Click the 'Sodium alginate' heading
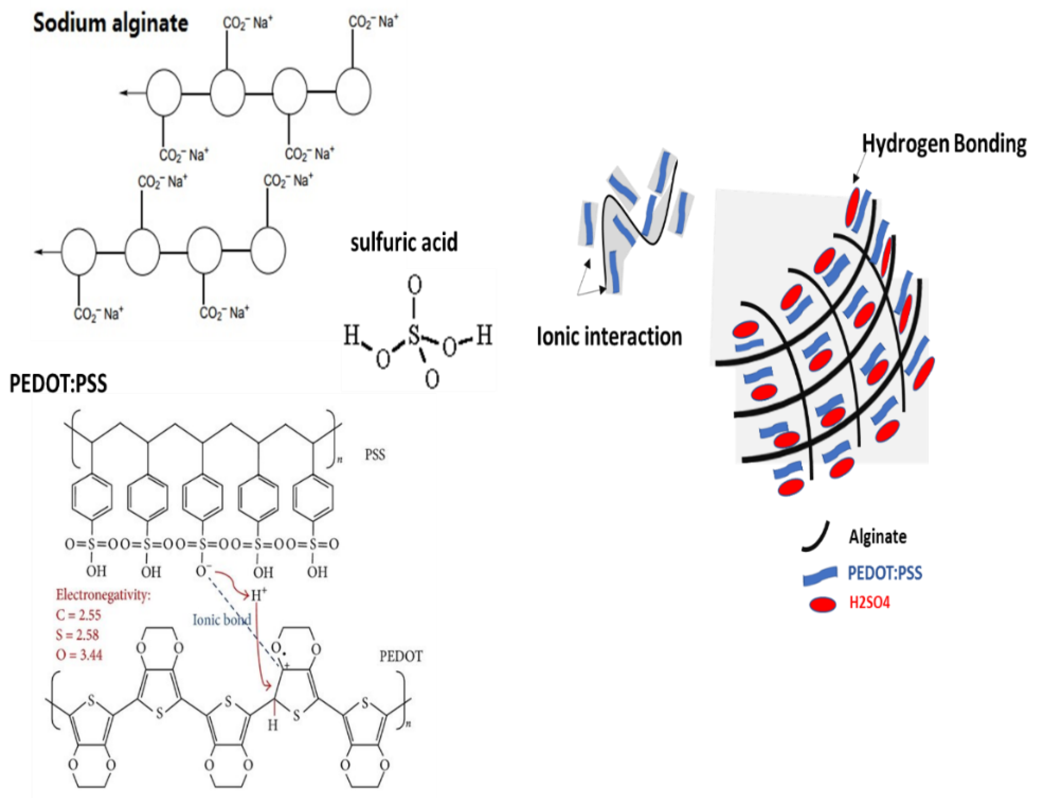click(110, 23)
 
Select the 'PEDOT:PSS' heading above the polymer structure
click(58, 383)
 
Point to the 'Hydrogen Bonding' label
click(944, 143)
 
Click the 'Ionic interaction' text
click(609, 336)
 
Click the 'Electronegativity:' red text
click(103, 595)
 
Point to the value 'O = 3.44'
click(79, 655)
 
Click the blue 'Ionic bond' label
click(221, 619)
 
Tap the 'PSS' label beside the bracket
click(375, 455)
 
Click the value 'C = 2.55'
click(78, 615)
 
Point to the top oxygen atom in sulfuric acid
click(415, 285)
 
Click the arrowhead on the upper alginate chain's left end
click(124, 93)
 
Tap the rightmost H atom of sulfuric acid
click(484, 335)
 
